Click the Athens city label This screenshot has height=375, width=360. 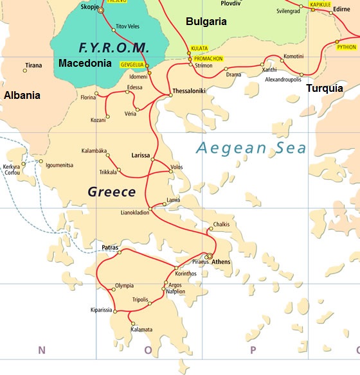[x=221, y=262]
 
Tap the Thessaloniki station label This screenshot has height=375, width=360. [x=189, y=91]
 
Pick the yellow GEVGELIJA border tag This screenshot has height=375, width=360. [x=132, y=65]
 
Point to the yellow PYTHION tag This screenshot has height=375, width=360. [x=346, y=47]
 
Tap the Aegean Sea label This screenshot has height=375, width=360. [x=251, y=148]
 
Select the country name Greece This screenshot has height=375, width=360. [x=111, y=191]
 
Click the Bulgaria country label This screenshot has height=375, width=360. [x=206, y=21]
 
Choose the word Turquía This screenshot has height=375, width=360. [x=325, y=88]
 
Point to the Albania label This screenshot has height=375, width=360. [x=22, y=94]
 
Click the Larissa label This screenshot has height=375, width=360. [x=141, y=155]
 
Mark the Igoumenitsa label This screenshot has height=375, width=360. [x=59, y=165]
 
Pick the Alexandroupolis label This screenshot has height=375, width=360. [x=283, y=79]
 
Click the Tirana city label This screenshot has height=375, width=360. [x=33, y=65]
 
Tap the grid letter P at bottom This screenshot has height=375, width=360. [x=253, y=350]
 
